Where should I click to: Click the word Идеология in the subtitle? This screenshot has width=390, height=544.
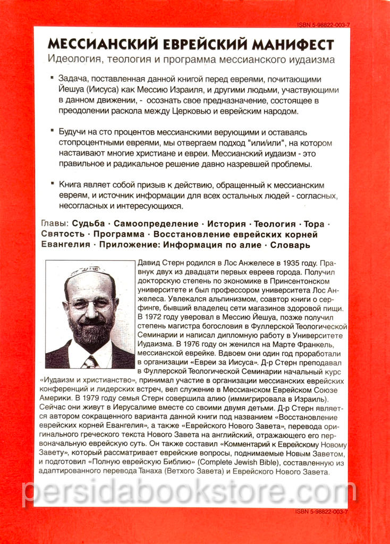pos(73,59)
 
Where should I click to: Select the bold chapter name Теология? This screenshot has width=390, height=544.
pos(274,224)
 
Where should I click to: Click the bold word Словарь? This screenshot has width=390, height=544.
pos(290,245)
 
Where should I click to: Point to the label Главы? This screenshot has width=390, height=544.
pos(54,224)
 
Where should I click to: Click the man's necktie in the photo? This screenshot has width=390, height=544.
pos(90,362)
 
